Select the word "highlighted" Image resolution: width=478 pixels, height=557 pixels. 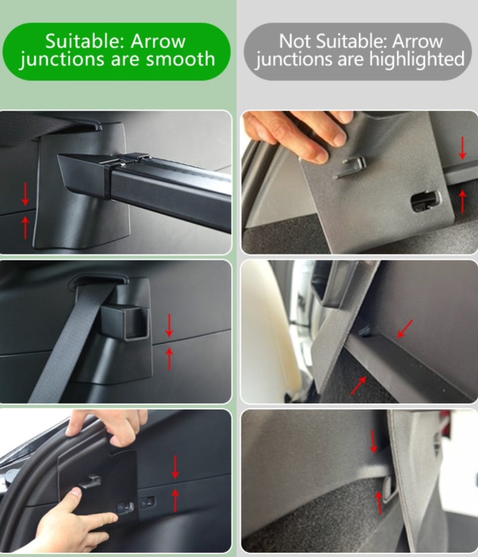[x=417, y=59]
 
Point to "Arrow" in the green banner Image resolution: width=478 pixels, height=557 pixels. [x=158, y=41]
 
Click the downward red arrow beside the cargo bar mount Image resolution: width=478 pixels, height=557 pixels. [x=25, y=194]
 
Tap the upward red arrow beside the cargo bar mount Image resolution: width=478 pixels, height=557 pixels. [x=25, y=227]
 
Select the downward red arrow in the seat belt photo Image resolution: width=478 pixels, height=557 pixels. [x=169, y=326]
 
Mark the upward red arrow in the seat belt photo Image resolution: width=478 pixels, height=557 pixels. [x=169, y=359]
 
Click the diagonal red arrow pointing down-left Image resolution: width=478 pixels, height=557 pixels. [x=405, y=329]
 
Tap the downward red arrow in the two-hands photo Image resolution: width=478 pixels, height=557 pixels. [x=175, y=467]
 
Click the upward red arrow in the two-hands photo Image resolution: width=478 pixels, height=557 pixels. [x=175, y=501]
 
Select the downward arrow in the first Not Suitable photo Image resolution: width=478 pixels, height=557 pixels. [x=463, y=148]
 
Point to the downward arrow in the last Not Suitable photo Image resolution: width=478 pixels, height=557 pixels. [x=373, y=442]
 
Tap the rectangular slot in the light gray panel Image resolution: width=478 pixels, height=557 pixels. [x=426, y=202]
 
